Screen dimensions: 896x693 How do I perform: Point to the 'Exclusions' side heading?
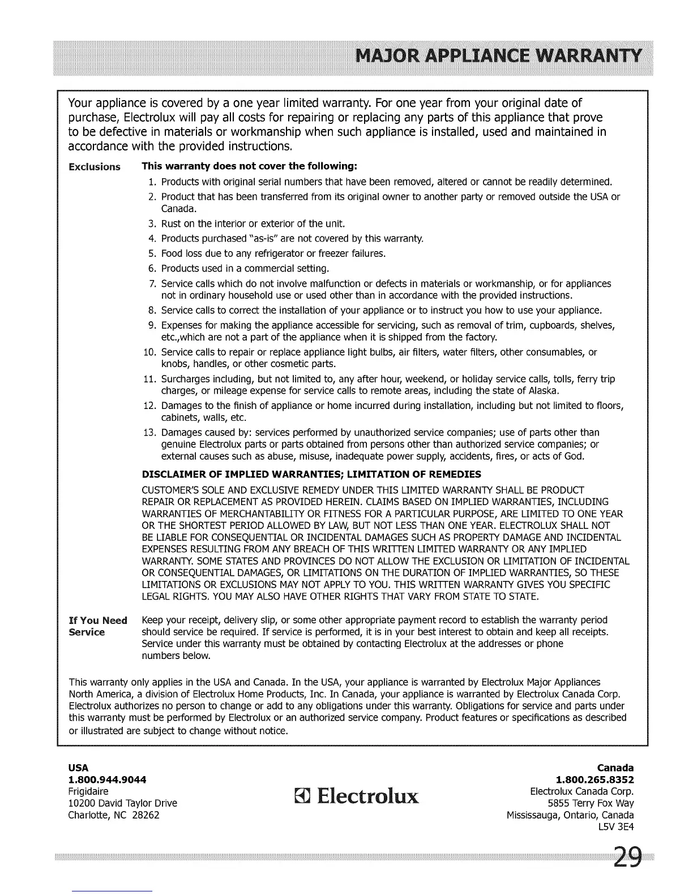[x=94, y=167]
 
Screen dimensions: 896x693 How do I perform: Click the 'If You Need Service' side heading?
[x=97, y=626]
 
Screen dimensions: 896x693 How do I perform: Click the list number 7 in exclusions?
[x=152, y=283]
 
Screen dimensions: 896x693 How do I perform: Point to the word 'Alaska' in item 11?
[x=544, y=391]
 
